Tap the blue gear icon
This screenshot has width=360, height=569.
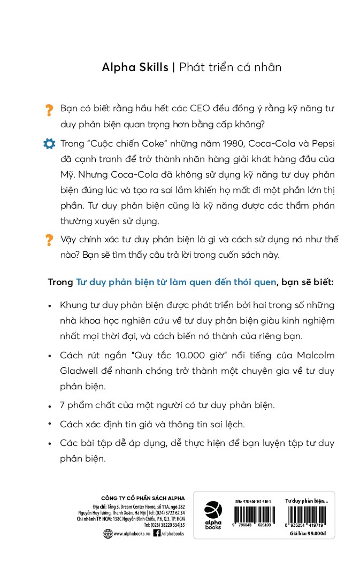[x=49, y=144]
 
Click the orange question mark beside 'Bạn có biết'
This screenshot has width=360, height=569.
[x=49, y=110]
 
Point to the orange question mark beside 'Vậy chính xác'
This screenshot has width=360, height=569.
[x=49, y=240]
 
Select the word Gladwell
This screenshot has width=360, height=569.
[x=81, y=371]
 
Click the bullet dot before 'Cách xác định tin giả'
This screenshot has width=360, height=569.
[x=49, y=424]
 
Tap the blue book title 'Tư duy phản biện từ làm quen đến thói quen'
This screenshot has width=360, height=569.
[x=177, y=282]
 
